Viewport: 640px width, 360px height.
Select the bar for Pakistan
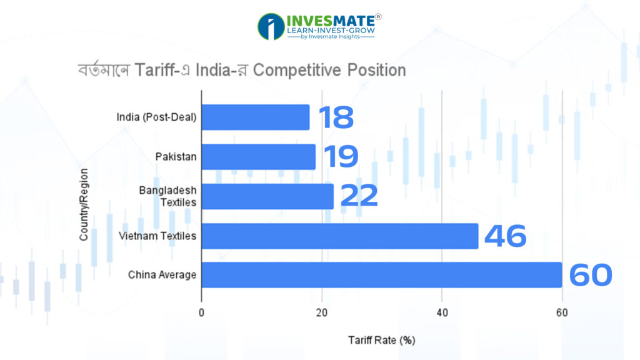tap(258, 157)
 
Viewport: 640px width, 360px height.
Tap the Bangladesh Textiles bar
tap(267, 196)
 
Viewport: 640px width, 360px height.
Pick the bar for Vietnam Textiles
tap(339, 236)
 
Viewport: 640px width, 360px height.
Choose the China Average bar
tap(381, 275)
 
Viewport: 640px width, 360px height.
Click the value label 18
tap(336, 117)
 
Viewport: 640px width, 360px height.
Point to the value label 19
tap(341, 157)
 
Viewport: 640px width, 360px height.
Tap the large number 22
tap(359, 196)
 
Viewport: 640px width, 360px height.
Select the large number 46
tap(505, 236)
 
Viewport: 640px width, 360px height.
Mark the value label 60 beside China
tap(591, 276)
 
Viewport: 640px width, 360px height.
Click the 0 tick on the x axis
tap(202, 312)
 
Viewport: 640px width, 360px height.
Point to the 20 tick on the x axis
tap(322, 312)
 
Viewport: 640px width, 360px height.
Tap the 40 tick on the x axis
tap(442, 312)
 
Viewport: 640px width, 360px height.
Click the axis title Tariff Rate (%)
tap(381, 341)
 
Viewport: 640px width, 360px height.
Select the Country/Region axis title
tap(83, 204)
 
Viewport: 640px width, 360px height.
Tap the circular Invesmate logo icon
tap(271, 26)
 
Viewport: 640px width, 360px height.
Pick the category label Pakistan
tap(176, 157)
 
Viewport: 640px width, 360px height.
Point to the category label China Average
tap(162, 275)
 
